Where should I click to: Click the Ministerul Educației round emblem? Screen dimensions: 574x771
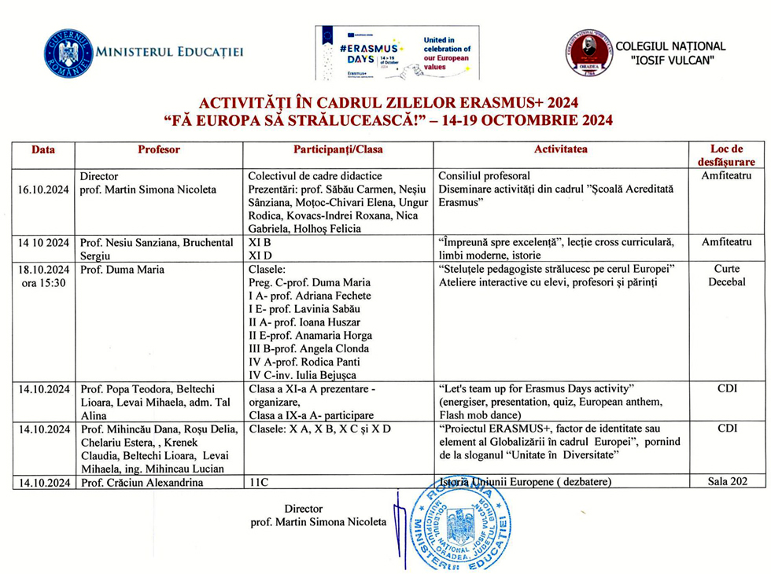coord(68,52)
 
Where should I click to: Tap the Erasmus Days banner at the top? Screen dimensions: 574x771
coord(397,53)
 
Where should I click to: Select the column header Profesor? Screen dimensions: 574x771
coord(158,149)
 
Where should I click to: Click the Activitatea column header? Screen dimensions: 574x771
coord(560,149)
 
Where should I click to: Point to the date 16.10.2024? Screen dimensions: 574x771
coord(44,189)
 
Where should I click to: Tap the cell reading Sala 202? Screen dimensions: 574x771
coord(726,481)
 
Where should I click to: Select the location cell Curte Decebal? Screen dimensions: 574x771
coord(726,276)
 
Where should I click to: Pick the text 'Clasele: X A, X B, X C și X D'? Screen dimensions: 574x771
coord(319,429)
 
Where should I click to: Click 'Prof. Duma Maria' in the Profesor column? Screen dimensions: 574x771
coord(122,270)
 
